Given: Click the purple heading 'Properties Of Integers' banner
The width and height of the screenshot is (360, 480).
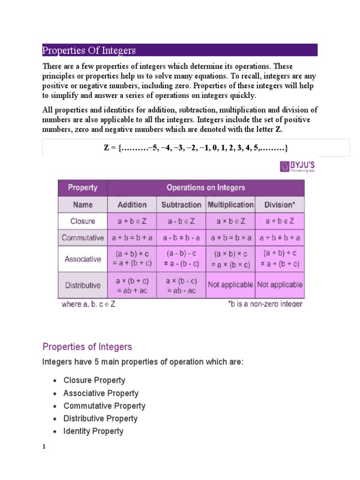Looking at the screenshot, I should pyautogui.click(x=180, y=50).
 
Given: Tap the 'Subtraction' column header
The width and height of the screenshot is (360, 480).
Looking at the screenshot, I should pyautogui.click(x=181, y=205).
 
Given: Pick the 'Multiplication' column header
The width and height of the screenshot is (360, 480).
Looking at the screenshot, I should pyautogui.click(x=231, y=205).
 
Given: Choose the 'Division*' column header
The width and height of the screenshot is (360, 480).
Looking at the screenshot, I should pyautogui.click(x=279, y=205).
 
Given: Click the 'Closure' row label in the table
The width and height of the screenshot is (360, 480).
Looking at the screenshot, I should pyautogui.click(x=82, y=221).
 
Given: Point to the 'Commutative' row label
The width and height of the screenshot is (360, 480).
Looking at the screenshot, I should pyautogui.click(x=82, y=238).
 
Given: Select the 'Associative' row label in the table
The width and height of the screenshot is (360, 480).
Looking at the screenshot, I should pyautogui.click(x=82, y=259).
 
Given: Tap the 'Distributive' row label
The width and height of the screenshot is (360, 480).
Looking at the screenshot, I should pyautogui.click(x=82, y=285).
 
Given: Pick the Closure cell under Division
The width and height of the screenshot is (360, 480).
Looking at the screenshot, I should pyautogui.click(x=279, y=221).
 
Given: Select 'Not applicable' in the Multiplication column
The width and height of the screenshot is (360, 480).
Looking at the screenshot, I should pyautogui.click(x=231, y=285).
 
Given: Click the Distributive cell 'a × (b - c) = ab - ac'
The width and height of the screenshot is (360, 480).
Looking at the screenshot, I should pyautogui.click(x=181, y=285).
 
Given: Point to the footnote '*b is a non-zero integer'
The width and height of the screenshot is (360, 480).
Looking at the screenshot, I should pyautogui.click(x=265, y=304).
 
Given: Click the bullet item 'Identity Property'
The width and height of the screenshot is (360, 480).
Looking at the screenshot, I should pyautogui.click(x=93, y=431).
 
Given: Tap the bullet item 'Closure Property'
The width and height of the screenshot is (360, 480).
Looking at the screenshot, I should pyautogui.click(x=94, y=380).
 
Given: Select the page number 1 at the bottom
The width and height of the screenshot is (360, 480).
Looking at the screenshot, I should pyautogui.click(x=44, y=447).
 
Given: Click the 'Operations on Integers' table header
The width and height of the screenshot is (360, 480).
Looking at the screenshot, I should pyautogui.click(x=206, y=188).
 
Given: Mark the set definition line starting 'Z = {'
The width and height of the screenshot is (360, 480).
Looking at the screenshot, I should pyautogui.click(x=195, y=148).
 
